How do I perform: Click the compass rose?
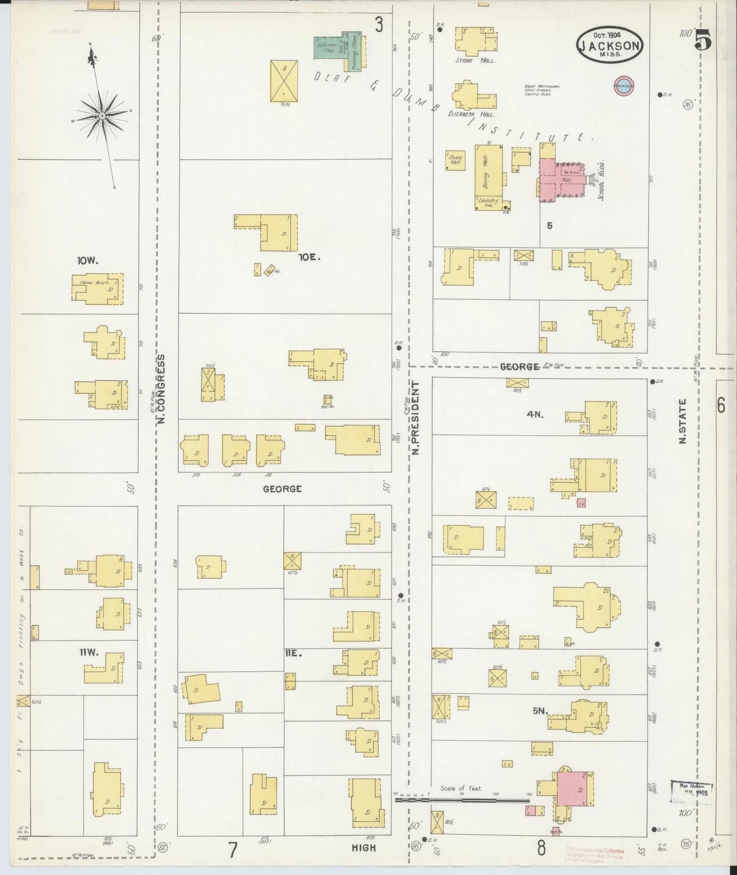(102, 116)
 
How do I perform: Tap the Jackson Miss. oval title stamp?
(609, 45)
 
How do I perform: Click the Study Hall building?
(454, 160)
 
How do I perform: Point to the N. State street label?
(682, 421)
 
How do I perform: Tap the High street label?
(364, 848)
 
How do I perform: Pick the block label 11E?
(295, 653)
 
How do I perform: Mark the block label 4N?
(535, 415)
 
